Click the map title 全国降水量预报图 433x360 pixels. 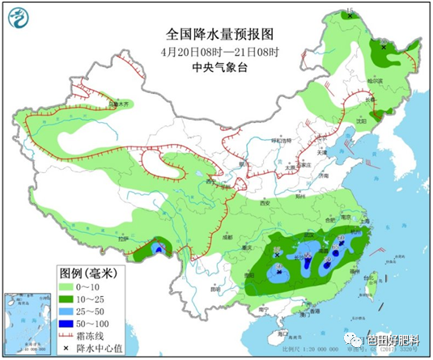coord(220,34)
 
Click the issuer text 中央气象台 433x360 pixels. coord(219,69)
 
